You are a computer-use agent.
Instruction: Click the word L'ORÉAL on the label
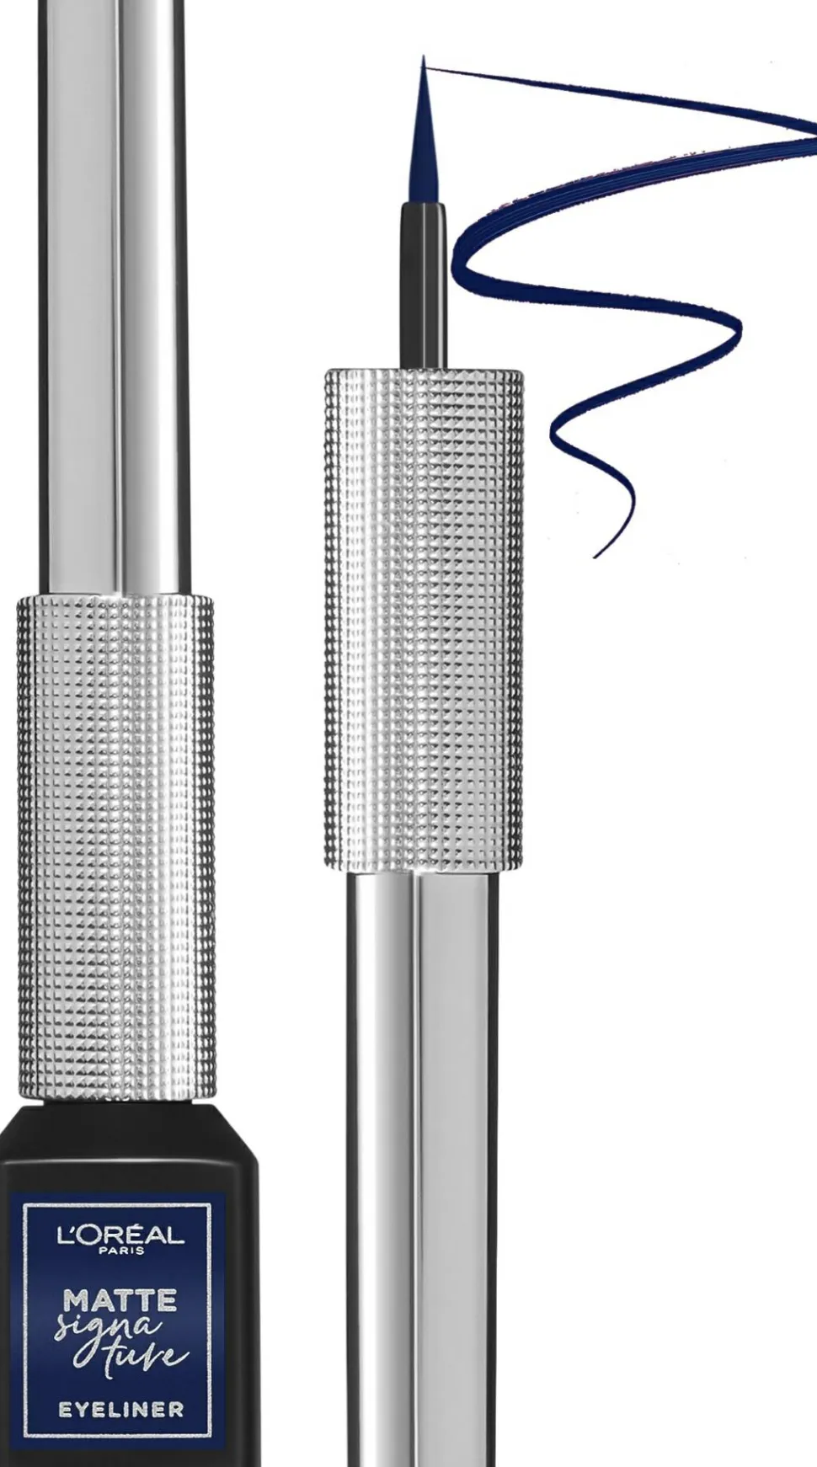[120, 1235]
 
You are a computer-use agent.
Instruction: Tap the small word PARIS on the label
[121, 1251]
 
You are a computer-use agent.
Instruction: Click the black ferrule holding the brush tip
[422, 286]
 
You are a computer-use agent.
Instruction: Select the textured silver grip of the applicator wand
[424, 619]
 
